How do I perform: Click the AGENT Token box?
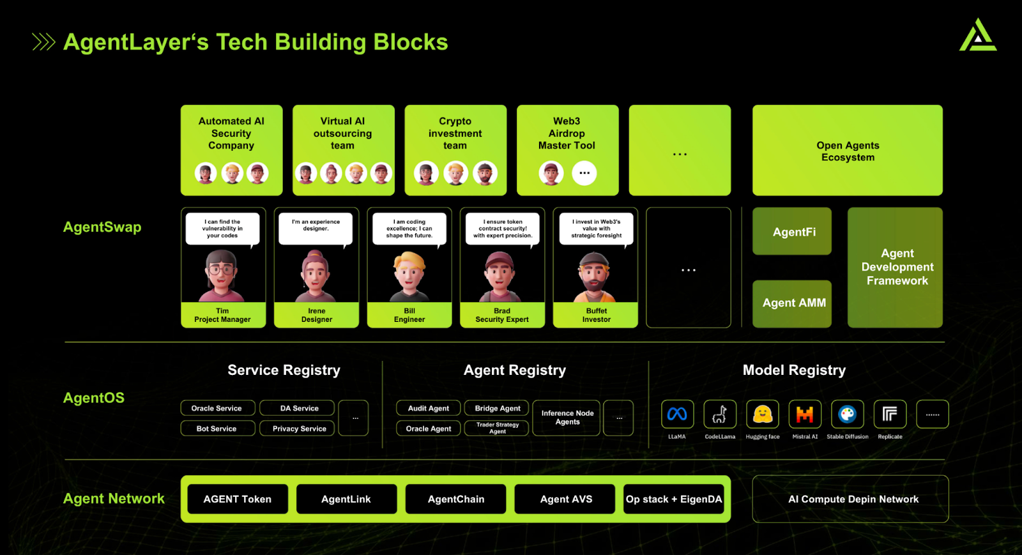click(237, 499)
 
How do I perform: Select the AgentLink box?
click(346, 499)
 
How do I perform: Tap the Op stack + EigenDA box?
click(674, 499)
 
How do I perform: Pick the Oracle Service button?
click(217, 408)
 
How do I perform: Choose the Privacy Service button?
click(299, 428)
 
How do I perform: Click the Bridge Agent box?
click(497, 408)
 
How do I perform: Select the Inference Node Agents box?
click(567, 418)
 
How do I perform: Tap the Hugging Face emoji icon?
click(762, 415)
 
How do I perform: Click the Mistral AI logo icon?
click(804, 415)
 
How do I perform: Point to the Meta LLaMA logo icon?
click(677, 415)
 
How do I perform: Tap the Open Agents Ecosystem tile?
click(848, 151)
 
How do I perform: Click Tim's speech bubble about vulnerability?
click(222, 229)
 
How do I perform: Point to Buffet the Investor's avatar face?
click(595, 273)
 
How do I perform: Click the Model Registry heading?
click(794, 370)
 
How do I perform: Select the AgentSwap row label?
click(102, 227)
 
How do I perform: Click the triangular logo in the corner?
click(977, 36)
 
